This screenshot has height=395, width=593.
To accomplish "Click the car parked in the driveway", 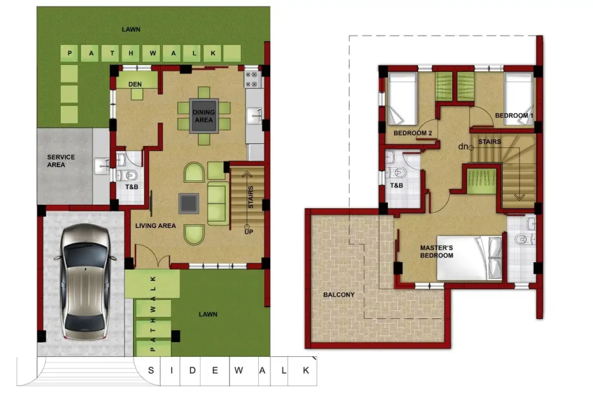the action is [x=86, y=281].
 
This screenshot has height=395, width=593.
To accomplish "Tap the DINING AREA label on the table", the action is [x=203, y=116].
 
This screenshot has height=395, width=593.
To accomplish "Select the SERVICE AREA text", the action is [x=61, y=161].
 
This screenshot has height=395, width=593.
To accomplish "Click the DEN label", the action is [x=135, y=84].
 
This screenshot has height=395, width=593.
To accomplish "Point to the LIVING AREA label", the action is [x=155, y=226].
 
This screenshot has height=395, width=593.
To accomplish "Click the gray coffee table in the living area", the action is [x=189, y=204].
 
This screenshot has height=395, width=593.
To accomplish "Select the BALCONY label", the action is [x=339, y=295].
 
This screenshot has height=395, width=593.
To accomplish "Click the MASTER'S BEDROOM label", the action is [x=437, y=252].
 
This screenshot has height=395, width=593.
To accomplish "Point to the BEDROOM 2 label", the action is [x=412, y=133].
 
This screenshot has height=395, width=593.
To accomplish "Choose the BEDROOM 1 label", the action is [x=514, y=115].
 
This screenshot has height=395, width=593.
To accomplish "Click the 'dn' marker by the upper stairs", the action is [x=463, y=146].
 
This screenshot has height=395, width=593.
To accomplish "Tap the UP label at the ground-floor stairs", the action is [x=248, y=232].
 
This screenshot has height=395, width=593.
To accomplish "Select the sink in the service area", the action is [x=102, y=165].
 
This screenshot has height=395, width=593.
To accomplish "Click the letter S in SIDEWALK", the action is [x=151, y=371].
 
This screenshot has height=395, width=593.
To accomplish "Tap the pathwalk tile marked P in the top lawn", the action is [x=69, y=53].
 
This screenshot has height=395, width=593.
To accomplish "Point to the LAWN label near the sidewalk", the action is [x=208, y=314].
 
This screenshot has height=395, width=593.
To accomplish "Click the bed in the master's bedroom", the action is [x=469, y=258].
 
